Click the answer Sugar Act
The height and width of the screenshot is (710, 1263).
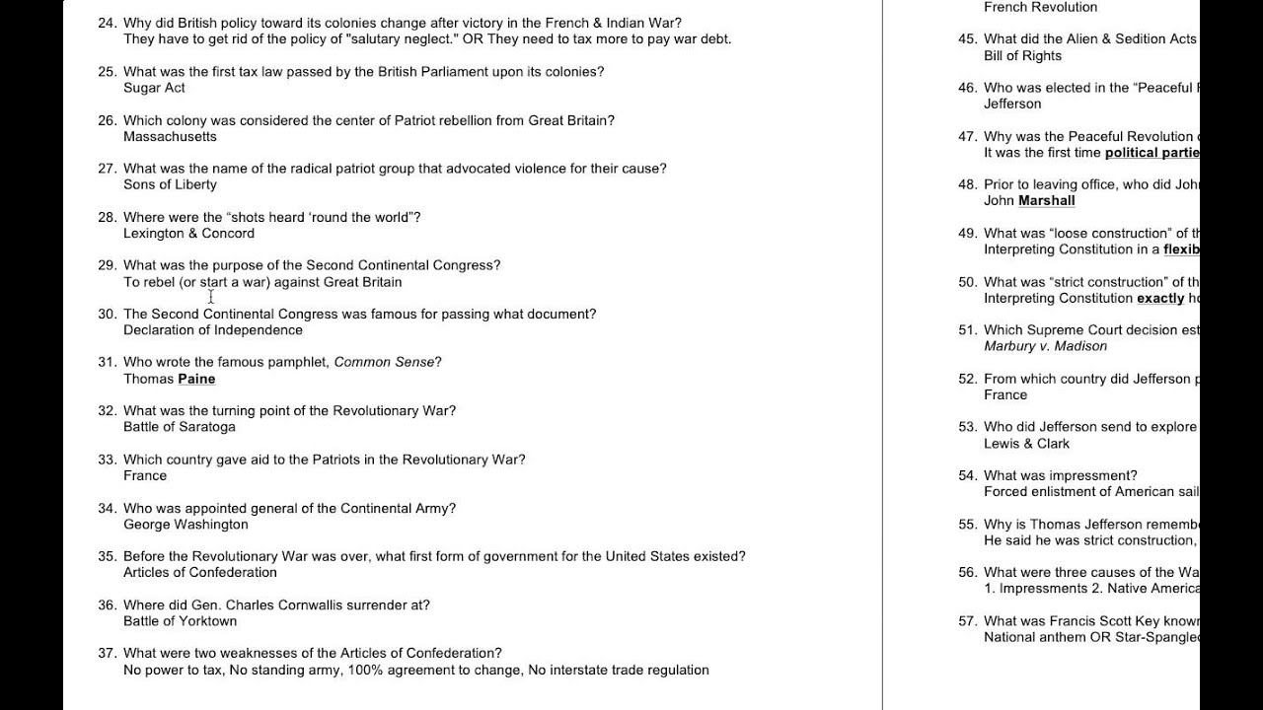[154, 88]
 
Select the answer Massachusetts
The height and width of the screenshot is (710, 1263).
[170, 136]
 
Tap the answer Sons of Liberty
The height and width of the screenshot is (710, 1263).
[170, 184]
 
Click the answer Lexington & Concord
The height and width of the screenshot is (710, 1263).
[188, 233]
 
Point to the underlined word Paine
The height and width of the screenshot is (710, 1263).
[196, 379]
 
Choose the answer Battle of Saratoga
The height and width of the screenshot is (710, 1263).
[179, 427]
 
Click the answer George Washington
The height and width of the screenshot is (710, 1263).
[186, 524]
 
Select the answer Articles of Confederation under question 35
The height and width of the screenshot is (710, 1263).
[200, 572]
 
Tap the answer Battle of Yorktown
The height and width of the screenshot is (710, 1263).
[180, 621]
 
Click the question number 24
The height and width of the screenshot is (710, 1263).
[107, 23]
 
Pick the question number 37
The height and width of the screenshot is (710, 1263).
[107, 653]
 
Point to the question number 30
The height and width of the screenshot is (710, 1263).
[107, 314]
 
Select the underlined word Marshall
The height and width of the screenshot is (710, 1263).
[1046, 200]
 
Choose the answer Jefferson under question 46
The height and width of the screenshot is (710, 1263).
[1012, 104]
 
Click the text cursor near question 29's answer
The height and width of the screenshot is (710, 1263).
[211, 296]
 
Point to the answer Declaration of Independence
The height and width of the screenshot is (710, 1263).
[213, 330]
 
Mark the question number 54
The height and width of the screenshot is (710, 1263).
[967, 475]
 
